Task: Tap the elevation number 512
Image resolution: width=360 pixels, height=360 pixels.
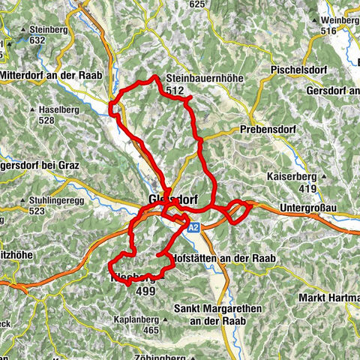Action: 177,91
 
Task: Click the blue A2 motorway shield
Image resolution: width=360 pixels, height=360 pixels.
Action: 193,227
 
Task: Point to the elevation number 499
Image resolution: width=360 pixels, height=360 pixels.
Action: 145,291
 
